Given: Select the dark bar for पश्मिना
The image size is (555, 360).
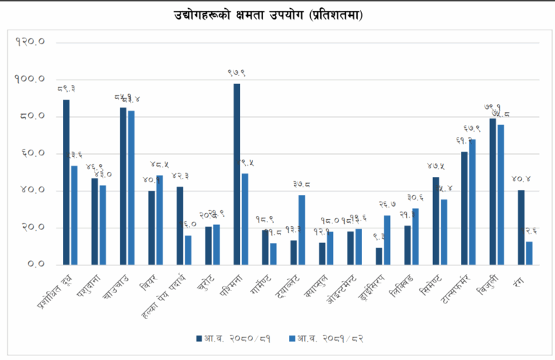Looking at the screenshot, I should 236,173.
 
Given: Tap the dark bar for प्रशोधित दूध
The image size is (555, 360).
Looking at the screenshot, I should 66,181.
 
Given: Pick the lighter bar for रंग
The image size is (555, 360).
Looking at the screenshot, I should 529,252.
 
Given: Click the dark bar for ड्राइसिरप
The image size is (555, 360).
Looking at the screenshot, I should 379,256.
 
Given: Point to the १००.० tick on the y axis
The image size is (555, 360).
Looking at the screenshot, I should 30,79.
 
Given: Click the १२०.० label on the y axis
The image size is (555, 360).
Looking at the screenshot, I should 30,41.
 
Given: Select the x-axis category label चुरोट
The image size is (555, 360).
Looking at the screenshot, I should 205,283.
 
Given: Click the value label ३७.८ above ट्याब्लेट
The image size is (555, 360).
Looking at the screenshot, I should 302,185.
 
